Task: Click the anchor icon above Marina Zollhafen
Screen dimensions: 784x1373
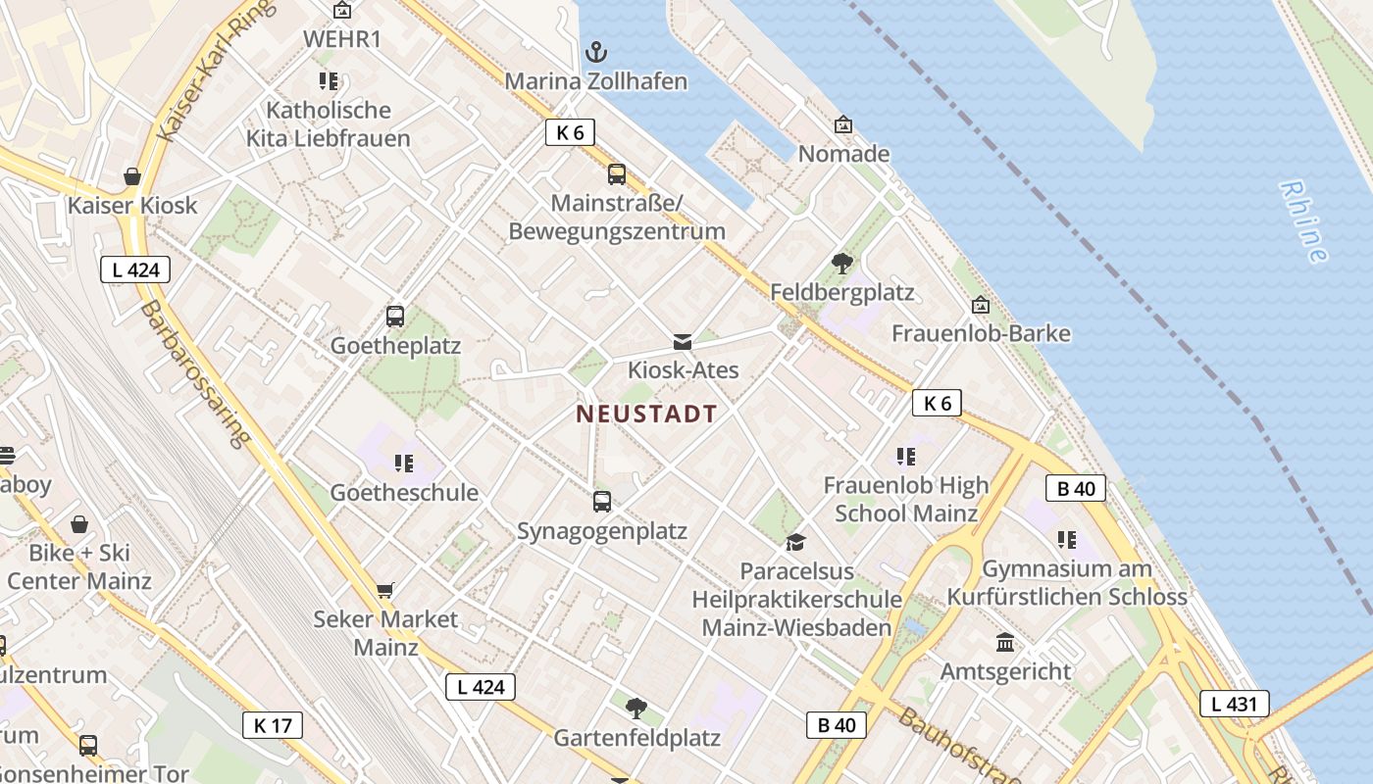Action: click(595, 52)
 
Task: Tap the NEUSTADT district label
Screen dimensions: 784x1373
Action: click(646, 414)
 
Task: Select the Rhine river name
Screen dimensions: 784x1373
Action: click(1304, 221)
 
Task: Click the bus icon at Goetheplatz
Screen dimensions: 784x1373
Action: click(395, 317)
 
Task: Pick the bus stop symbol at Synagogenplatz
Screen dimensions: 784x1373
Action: click(602, 502)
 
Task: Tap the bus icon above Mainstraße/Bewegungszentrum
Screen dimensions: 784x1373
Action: click(617, 174)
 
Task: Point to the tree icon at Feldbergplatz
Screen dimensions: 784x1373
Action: click(841, 263)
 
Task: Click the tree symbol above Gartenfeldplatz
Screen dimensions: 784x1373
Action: click(636, 708)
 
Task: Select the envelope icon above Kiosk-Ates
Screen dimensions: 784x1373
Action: click(683, 342)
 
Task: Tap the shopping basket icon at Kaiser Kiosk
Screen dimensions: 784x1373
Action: click(132, 176)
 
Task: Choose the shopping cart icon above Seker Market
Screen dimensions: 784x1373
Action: click(384, 590)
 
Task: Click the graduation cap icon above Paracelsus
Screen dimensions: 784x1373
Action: click(795, 542)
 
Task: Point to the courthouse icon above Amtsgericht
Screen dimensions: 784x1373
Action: click(1005, 643)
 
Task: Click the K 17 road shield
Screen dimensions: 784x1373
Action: click(273, 725)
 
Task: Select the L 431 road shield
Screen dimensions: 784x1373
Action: click(1235, 703)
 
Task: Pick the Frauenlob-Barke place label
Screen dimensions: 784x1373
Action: click(981, 333)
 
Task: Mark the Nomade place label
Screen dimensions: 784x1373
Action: click(843, 154)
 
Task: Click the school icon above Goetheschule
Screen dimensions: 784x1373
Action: click(403, 463)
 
